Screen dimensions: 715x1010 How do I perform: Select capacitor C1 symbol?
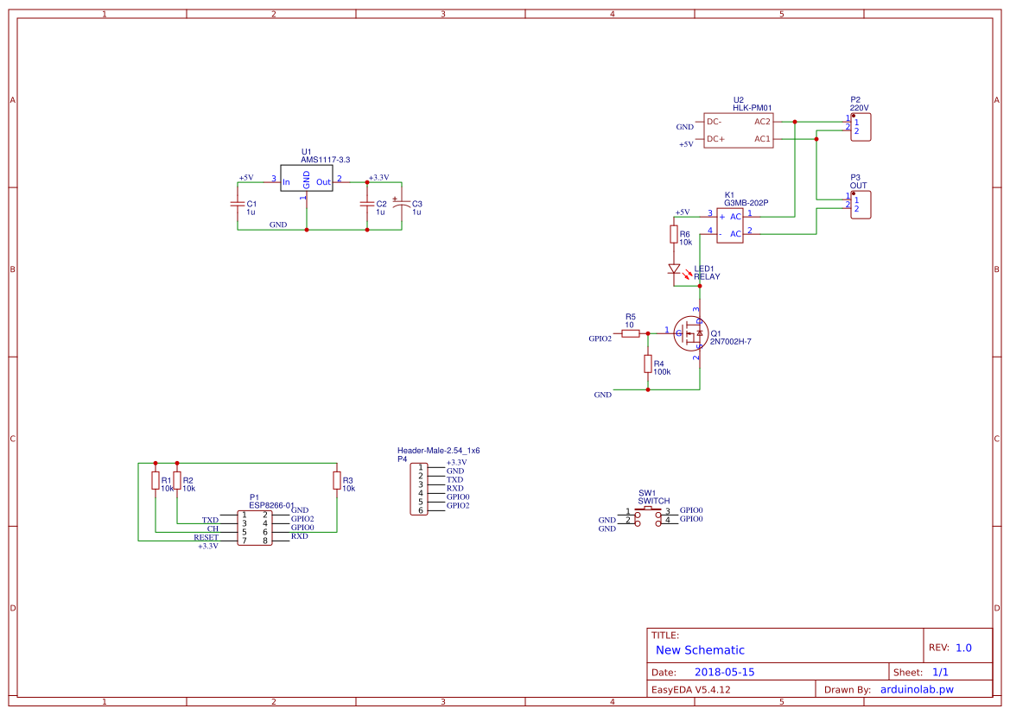(x=238, y=205)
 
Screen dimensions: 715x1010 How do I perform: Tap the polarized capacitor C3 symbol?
(x=401, y=205)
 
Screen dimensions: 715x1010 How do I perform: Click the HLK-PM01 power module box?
(x=738, y=130)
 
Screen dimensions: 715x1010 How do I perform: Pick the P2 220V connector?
(x=861, y=127)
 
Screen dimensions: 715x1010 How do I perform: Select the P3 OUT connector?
(x=861, y=205)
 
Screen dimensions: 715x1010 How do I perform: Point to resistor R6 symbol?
(x=673, y=234)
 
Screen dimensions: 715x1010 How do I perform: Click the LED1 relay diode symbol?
(x=674, y=269)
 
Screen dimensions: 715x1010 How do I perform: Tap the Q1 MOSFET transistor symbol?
(x=694, y=332)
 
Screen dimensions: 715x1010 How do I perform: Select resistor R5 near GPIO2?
(x=631, y=332)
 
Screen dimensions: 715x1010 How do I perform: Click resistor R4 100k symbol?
(x=647, y=364)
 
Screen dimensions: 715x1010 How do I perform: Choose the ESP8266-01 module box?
(x=254, y=528)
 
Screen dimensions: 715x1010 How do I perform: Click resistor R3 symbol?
(x=336, y=480)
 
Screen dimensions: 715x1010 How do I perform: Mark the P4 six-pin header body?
(x=420, y=489)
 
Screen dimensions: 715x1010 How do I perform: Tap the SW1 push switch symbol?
(x=648, y=516)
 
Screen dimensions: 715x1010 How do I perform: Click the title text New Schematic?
(x=700, y=650)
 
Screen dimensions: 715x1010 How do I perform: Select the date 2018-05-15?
(x=725, y=672)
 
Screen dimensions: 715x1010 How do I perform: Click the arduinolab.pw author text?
(x=916, y=689)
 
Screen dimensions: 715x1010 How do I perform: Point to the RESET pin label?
(x=206, y=537)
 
